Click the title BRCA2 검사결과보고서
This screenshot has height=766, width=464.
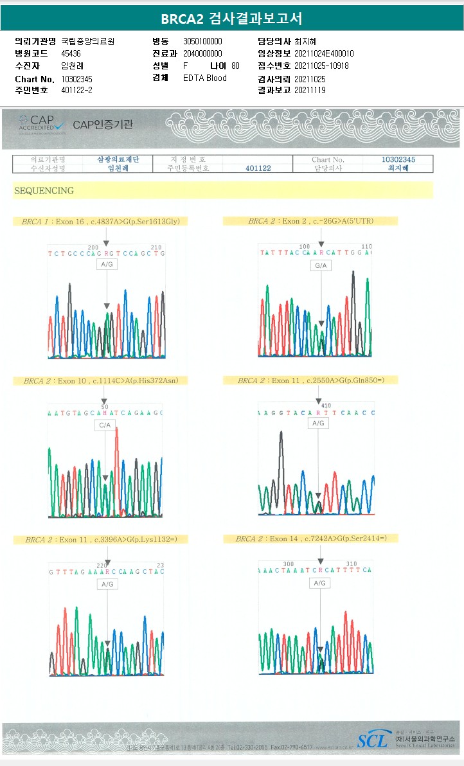(231, 18)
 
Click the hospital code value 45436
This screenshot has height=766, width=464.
(71, 53)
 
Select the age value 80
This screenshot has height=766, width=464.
(235, 66)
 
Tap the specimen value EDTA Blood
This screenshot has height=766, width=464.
(204, 78)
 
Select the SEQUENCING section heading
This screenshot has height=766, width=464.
(44, 191)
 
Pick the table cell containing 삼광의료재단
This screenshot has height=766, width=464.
(118, 159)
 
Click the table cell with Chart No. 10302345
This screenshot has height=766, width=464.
(398, 159)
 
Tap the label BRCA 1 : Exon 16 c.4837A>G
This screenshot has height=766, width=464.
(100, 221)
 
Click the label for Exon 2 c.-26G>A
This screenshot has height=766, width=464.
(310, 221)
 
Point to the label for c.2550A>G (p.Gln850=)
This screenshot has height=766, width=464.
(310, 380)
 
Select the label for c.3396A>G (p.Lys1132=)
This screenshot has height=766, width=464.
(101, 539)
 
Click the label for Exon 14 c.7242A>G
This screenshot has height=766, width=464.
(311, 539)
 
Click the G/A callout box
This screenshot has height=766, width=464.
(320, 265)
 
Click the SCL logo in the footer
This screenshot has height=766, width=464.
(373, 741)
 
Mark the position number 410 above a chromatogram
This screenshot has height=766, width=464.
(325, 405)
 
